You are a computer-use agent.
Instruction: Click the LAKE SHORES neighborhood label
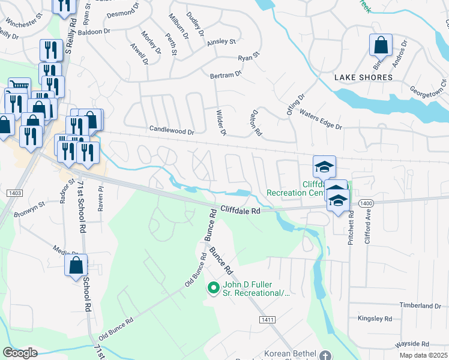click(x=363, y=77)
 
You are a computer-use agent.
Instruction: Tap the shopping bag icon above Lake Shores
click(x=381, y=45)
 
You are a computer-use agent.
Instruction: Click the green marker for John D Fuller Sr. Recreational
click(x=212, y=289)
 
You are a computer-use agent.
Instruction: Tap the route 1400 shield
click(x=365, y=204)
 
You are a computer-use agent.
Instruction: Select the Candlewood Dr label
click(x=172, y=131)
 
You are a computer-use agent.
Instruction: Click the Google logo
click(x=20, y=352)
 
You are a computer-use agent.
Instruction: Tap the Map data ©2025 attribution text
click(x=424, y=355)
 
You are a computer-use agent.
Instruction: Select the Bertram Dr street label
click(x=225, y=74)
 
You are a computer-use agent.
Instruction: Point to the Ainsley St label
click(x=221, y=42)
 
